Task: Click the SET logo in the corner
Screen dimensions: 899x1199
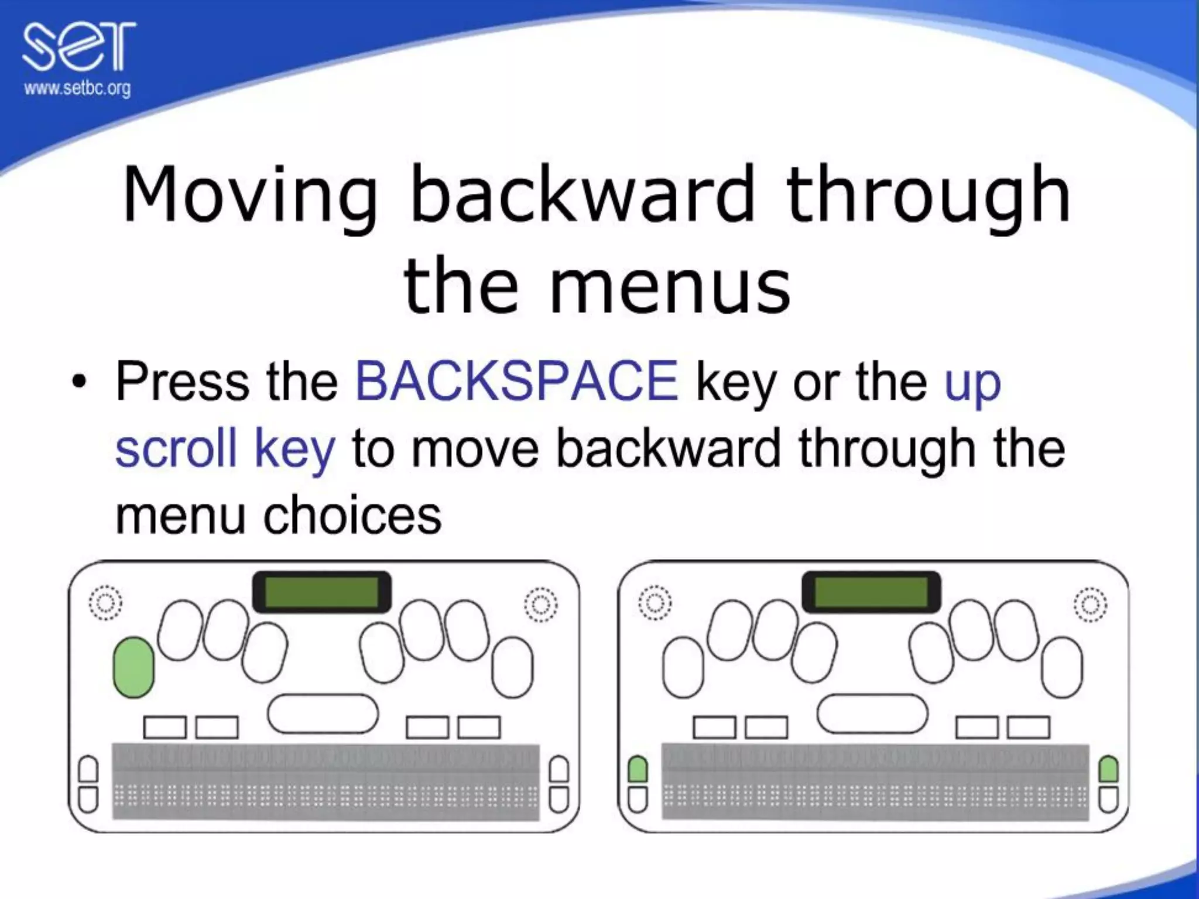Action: pyautogui.click(x=78, y=47)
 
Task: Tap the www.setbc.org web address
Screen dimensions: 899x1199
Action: pyautogui.click(x=77, y=89)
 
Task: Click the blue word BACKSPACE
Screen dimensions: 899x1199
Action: pyautogui.click(x=517, y=382)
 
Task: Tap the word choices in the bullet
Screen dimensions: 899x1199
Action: pyautogui.click(x=352, y=516)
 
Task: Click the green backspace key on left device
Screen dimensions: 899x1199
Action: pyautogui.click(x=133, y=667)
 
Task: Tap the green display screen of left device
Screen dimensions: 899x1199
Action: pyautogui.click(x=321, y=592)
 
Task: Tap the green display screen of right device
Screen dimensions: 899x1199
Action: pyautogui.click(x=871, y=592)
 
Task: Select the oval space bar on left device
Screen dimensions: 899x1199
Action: pyautogui.click(x=323, y=713)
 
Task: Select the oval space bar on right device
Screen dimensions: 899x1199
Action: pyautogui.click(x=872, y=713)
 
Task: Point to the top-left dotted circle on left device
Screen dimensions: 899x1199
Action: pyautogui.click(x=105, y=603)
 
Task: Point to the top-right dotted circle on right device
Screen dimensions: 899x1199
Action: pyautogui.click(x=1090, y=604)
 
